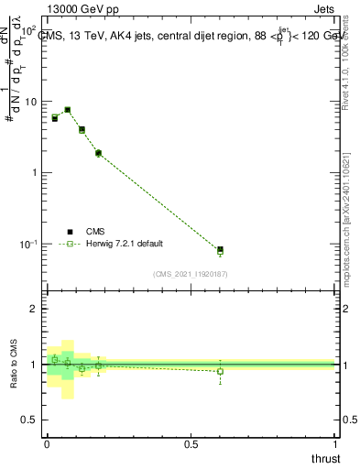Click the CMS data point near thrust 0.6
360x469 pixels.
point(220,249)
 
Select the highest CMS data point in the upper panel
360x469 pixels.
point(68,110)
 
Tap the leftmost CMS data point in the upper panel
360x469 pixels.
point(55,118)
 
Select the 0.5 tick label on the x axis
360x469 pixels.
point(191,443)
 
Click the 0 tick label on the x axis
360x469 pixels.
point(47,443)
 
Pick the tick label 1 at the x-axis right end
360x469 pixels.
point(335,443)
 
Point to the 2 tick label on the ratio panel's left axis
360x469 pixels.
point(34,310)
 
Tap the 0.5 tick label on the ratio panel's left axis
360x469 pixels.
point(29,420)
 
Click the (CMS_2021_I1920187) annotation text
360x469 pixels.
point(191,273)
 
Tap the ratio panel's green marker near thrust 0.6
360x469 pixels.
point(220,371)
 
